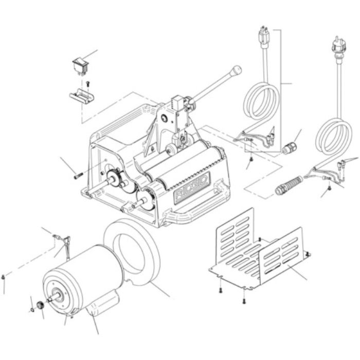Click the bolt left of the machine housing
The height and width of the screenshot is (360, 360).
[78, 176]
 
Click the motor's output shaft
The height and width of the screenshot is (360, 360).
[51, 299]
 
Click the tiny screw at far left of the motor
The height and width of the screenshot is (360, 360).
[4, 278]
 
